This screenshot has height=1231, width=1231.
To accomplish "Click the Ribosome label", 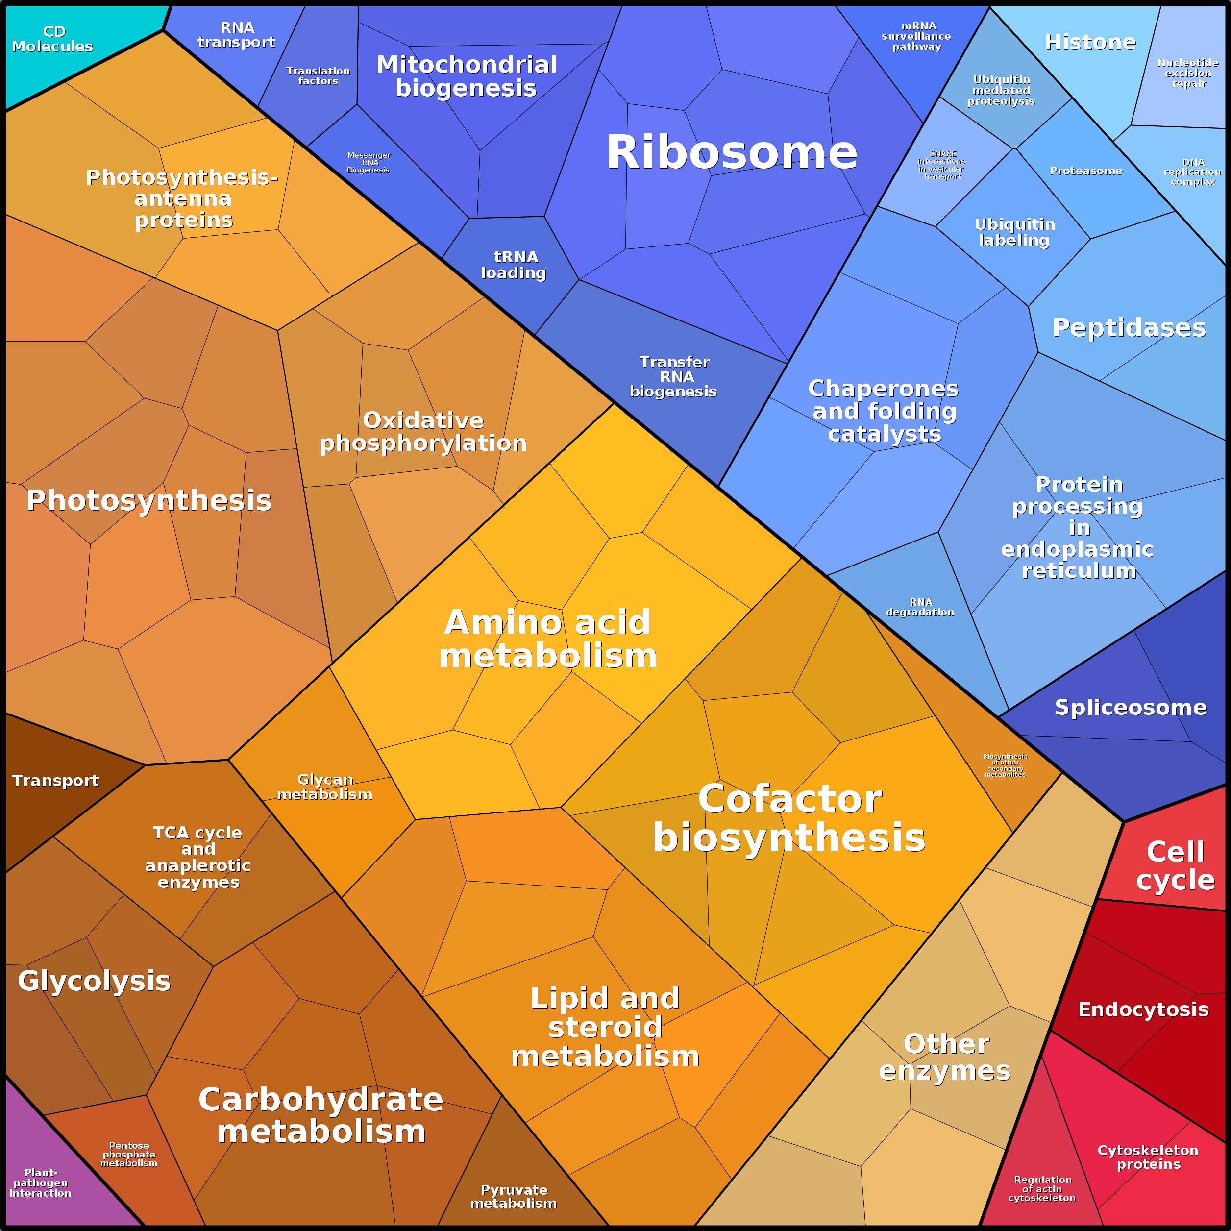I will pyautogui.click(x=732, y=153).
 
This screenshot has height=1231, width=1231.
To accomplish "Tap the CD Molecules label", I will pyautogui.click(x=53, y=39).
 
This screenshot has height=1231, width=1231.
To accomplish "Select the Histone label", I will pyautogui.click(x=1090, y=42).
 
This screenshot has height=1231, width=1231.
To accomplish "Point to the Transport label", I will pyautogui.click(x=55, y=781).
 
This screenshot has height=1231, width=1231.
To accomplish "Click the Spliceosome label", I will pyautogui.click(x=1131, y=707).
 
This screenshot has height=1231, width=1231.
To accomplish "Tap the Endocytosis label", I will pyautogui.click(x=1143, y=1009).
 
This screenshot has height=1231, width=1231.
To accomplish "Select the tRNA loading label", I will pyautogui.click(x=514, y=265).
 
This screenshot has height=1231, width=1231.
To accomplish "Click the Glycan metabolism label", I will pyautogui.click(x=325, y=787).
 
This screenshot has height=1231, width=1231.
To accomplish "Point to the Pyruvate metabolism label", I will pyautogui.click(x=514, y=1197).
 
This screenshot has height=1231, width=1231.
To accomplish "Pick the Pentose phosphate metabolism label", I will pyautogui.click(x=129, y=1155).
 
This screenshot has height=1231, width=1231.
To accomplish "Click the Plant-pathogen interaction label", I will pyautogui.click(x=40, y=1182).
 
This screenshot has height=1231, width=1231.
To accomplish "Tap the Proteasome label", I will pyautogui.click(x=1086, y=171).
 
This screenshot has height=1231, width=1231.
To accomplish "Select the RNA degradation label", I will pyautogui.click(x=920, y=607).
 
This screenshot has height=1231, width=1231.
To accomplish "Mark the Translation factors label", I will pyautogui.click(x=318, y=76).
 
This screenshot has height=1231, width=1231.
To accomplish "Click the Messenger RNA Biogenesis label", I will pyautogui.click(x=369, y=163).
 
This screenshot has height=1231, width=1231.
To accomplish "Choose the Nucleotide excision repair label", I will pyautogui.click(x=1188, y=74).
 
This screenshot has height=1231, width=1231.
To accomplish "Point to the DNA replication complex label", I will pyautogui.click(x=1192, y=172).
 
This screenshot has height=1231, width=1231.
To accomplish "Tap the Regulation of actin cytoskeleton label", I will pyautogui.click(x=1042, y=1189).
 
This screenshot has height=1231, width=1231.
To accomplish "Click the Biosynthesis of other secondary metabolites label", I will pyautogui.click(x=1005, y=765).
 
